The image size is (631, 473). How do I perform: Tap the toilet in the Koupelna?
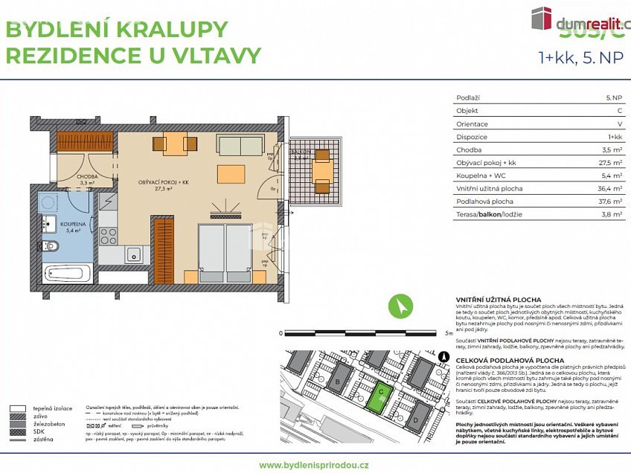pos(51,246)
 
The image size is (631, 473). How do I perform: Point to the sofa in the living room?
pos(240,144)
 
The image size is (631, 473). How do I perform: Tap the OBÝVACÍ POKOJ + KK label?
pos(161,183)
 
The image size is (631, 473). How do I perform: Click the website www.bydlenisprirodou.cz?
pos(314,465)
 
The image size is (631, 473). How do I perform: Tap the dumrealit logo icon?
pos(541,19)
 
